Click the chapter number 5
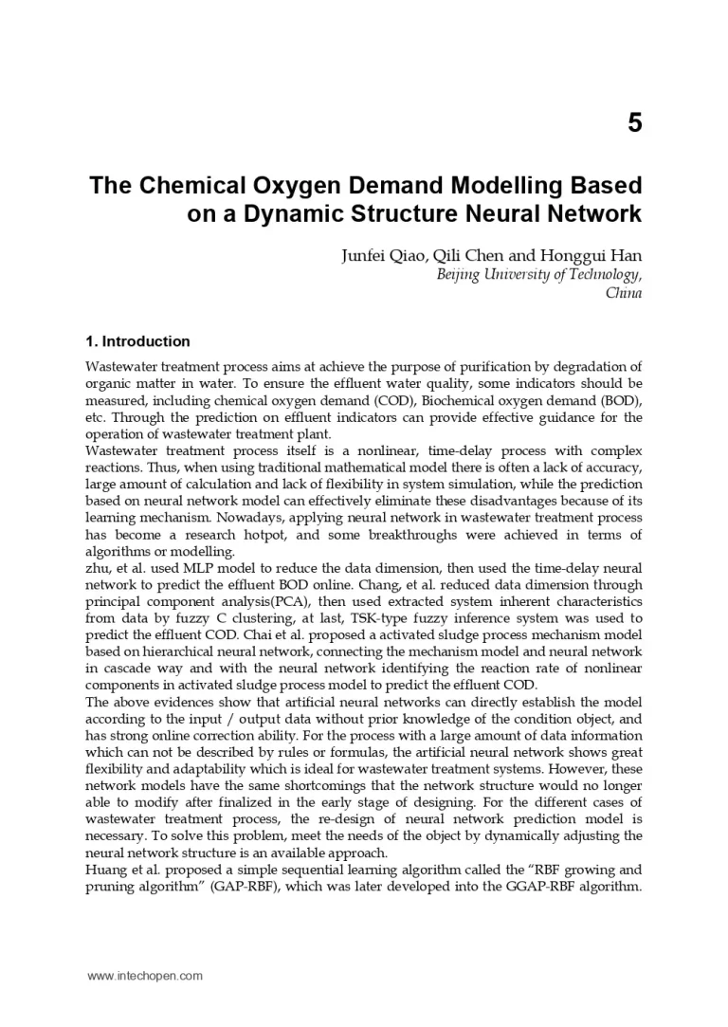pos(634,122)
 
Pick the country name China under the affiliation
pos(624,293)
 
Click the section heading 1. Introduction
pos(137,341)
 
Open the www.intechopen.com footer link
pos(145,976)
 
